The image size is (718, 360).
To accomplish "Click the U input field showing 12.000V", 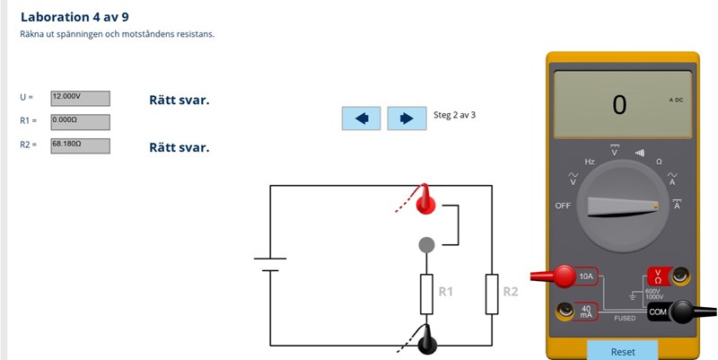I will [x=80, y=98].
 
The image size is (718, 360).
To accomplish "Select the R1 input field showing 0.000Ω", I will [x=80, y=121].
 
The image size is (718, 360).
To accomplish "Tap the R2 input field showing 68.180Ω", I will [x=80, y=145].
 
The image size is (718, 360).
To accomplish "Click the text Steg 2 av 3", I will [x=454, y=115].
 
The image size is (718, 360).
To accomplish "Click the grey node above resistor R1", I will [x=427, y=244].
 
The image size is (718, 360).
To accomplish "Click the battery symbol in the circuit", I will [x=269, y=265].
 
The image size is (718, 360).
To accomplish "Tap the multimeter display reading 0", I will [x=619, y=105].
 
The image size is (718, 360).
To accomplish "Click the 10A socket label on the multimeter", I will [x=587, y=277].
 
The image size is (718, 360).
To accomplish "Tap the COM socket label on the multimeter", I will [x=659, y=312].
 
